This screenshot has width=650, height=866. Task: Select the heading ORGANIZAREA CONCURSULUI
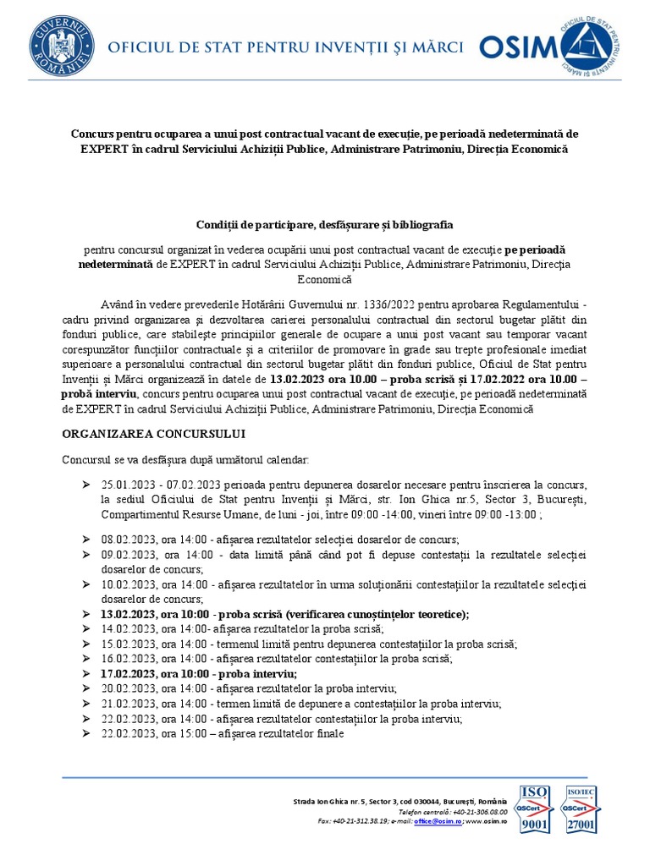153,434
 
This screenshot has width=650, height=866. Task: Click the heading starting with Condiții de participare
325,225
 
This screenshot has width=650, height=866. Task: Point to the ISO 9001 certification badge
534,809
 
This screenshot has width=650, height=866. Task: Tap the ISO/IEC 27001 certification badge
580,809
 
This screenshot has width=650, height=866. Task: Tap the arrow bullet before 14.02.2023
86,629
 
